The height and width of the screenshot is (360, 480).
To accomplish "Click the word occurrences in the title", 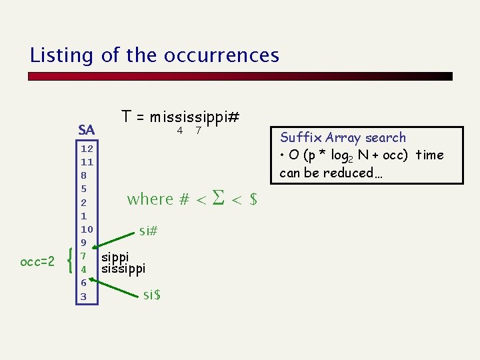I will pyautogui.click(x=223, y=55).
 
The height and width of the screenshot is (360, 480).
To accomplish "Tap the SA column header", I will pyautogui.click(x=86, y=129).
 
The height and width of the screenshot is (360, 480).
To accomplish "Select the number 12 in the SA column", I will pyautogui.click(x=87, y=148).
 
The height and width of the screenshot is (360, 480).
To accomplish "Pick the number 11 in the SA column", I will pyautogui.click(x=87, y=161).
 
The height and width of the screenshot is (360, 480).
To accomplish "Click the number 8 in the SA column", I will pyautogui.click(x=84, y=175).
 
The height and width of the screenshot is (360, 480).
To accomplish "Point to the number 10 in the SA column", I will pyautogui.click(x=87, y=229).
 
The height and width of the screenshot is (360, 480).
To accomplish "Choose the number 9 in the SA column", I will pyautogui.click(x=84, y=242).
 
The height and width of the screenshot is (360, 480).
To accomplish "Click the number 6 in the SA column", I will pyautogui.click(x=84, y=283).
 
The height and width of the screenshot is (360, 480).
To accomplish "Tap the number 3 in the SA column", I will pyautogui.click(x=84, y=296).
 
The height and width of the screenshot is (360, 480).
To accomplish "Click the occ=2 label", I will pyautogui.click(x=37, y=262).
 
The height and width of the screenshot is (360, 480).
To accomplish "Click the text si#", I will pyautogui.click(x=148, y=231).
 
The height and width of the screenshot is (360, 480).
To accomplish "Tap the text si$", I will pyautogui.click(x=152, y=293).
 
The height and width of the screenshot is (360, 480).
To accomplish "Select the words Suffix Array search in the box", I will pyautogui.click(x=343, y=137).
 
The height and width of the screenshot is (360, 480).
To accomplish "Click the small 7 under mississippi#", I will pyautogui.click(x=198, y=131).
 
